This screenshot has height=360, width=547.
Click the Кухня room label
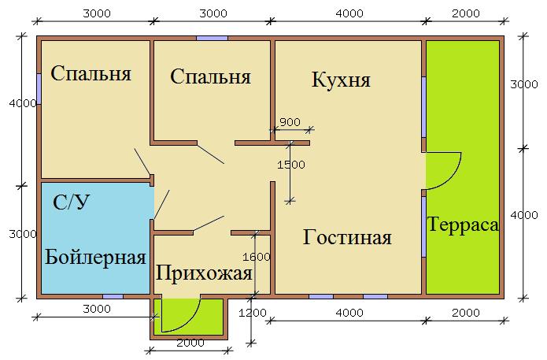(x=341, y=80)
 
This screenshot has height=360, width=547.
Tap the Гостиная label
(x=347, y=237)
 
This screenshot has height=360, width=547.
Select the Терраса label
(x=463, y=225)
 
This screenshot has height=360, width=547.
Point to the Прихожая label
(x=204, y=273)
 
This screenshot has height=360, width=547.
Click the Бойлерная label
(x=95, y=257)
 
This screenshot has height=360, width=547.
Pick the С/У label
(x=71, y=202)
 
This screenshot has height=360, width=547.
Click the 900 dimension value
(x=290, y=122)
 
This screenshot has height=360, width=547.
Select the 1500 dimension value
(x=291, y=165)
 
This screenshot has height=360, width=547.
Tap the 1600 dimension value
(x=257, y=257)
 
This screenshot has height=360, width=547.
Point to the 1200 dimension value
(x=252, y=313)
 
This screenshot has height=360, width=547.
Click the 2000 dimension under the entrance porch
(x=190, y=343)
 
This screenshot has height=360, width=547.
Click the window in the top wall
(x=212, y=38)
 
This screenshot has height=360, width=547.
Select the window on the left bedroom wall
(x=39, y=89)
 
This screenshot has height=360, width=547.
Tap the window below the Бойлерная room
(x=113, y=296)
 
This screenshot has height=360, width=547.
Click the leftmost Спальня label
(x=91, y=74)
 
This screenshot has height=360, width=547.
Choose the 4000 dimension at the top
(x=349, y=13)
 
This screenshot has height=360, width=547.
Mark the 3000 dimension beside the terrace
(x=524, y=84)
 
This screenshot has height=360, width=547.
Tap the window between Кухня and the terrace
(x=424, y=107)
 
